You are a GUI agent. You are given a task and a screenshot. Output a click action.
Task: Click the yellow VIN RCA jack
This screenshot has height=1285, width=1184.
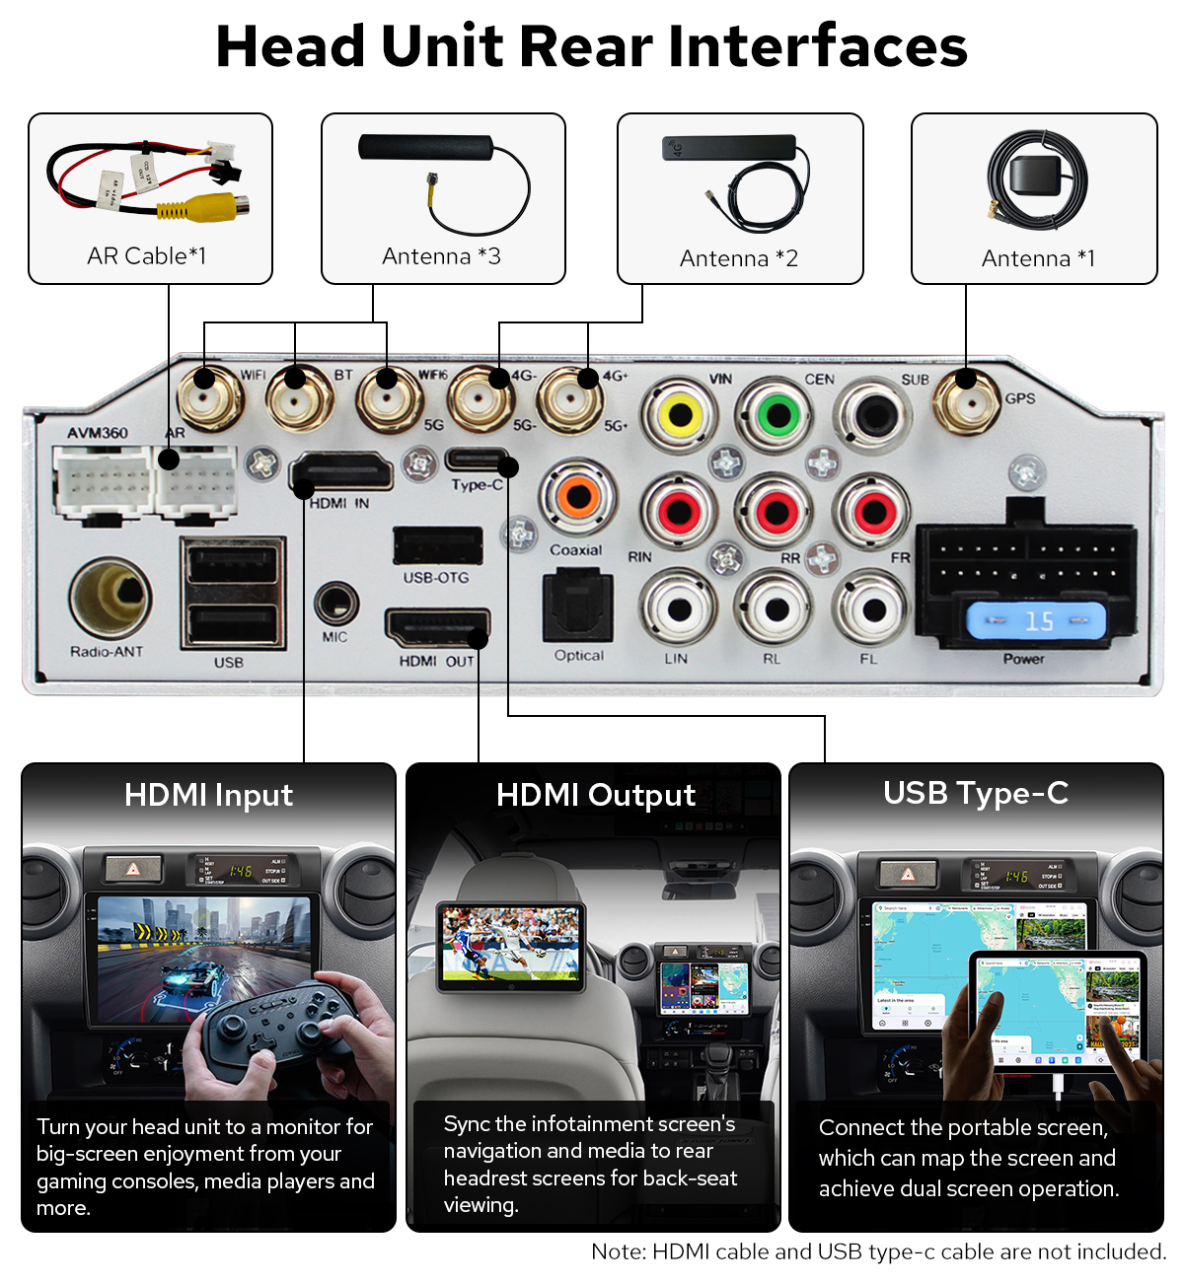click(680, 415)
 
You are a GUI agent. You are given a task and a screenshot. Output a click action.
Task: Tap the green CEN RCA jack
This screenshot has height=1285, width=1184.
click(778, 414)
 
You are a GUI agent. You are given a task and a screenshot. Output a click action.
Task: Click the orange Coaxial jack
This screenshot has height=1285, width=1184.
click(578, 496)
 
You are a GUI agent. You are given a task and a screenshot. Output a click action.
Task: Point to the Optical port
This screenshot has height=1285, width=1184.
click(578, 607)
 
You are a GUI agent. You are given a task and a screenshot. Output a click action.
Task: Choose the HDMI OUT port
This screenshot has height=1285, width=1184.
click(437, 628)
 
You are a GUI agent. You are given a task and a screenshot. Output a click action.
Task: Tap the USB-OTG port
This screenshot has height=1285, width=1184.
click(437, 545)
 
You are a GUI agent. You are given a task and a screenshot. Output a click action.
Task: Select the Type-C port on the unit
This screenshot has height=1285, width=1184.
click(477, 460)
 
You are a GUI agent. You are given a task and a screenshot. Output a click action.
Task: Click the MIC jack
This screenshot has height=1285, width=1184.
click(335, 602)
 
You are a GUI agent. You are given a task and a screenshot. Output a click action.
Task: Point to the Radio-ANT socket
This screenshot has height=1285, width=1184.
click(111, 598)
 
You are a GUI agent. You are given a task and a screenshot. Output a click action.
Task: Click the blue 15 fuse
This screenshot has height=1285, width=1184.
click(1036, 621)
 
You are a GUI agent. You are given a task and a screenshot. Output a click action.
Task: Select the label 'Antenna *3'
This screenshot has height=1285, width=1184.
click(441, 256)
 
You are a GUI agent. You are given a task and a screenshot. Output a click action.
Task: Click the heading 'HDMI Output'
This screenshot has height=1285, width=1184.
click(595, 795)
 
